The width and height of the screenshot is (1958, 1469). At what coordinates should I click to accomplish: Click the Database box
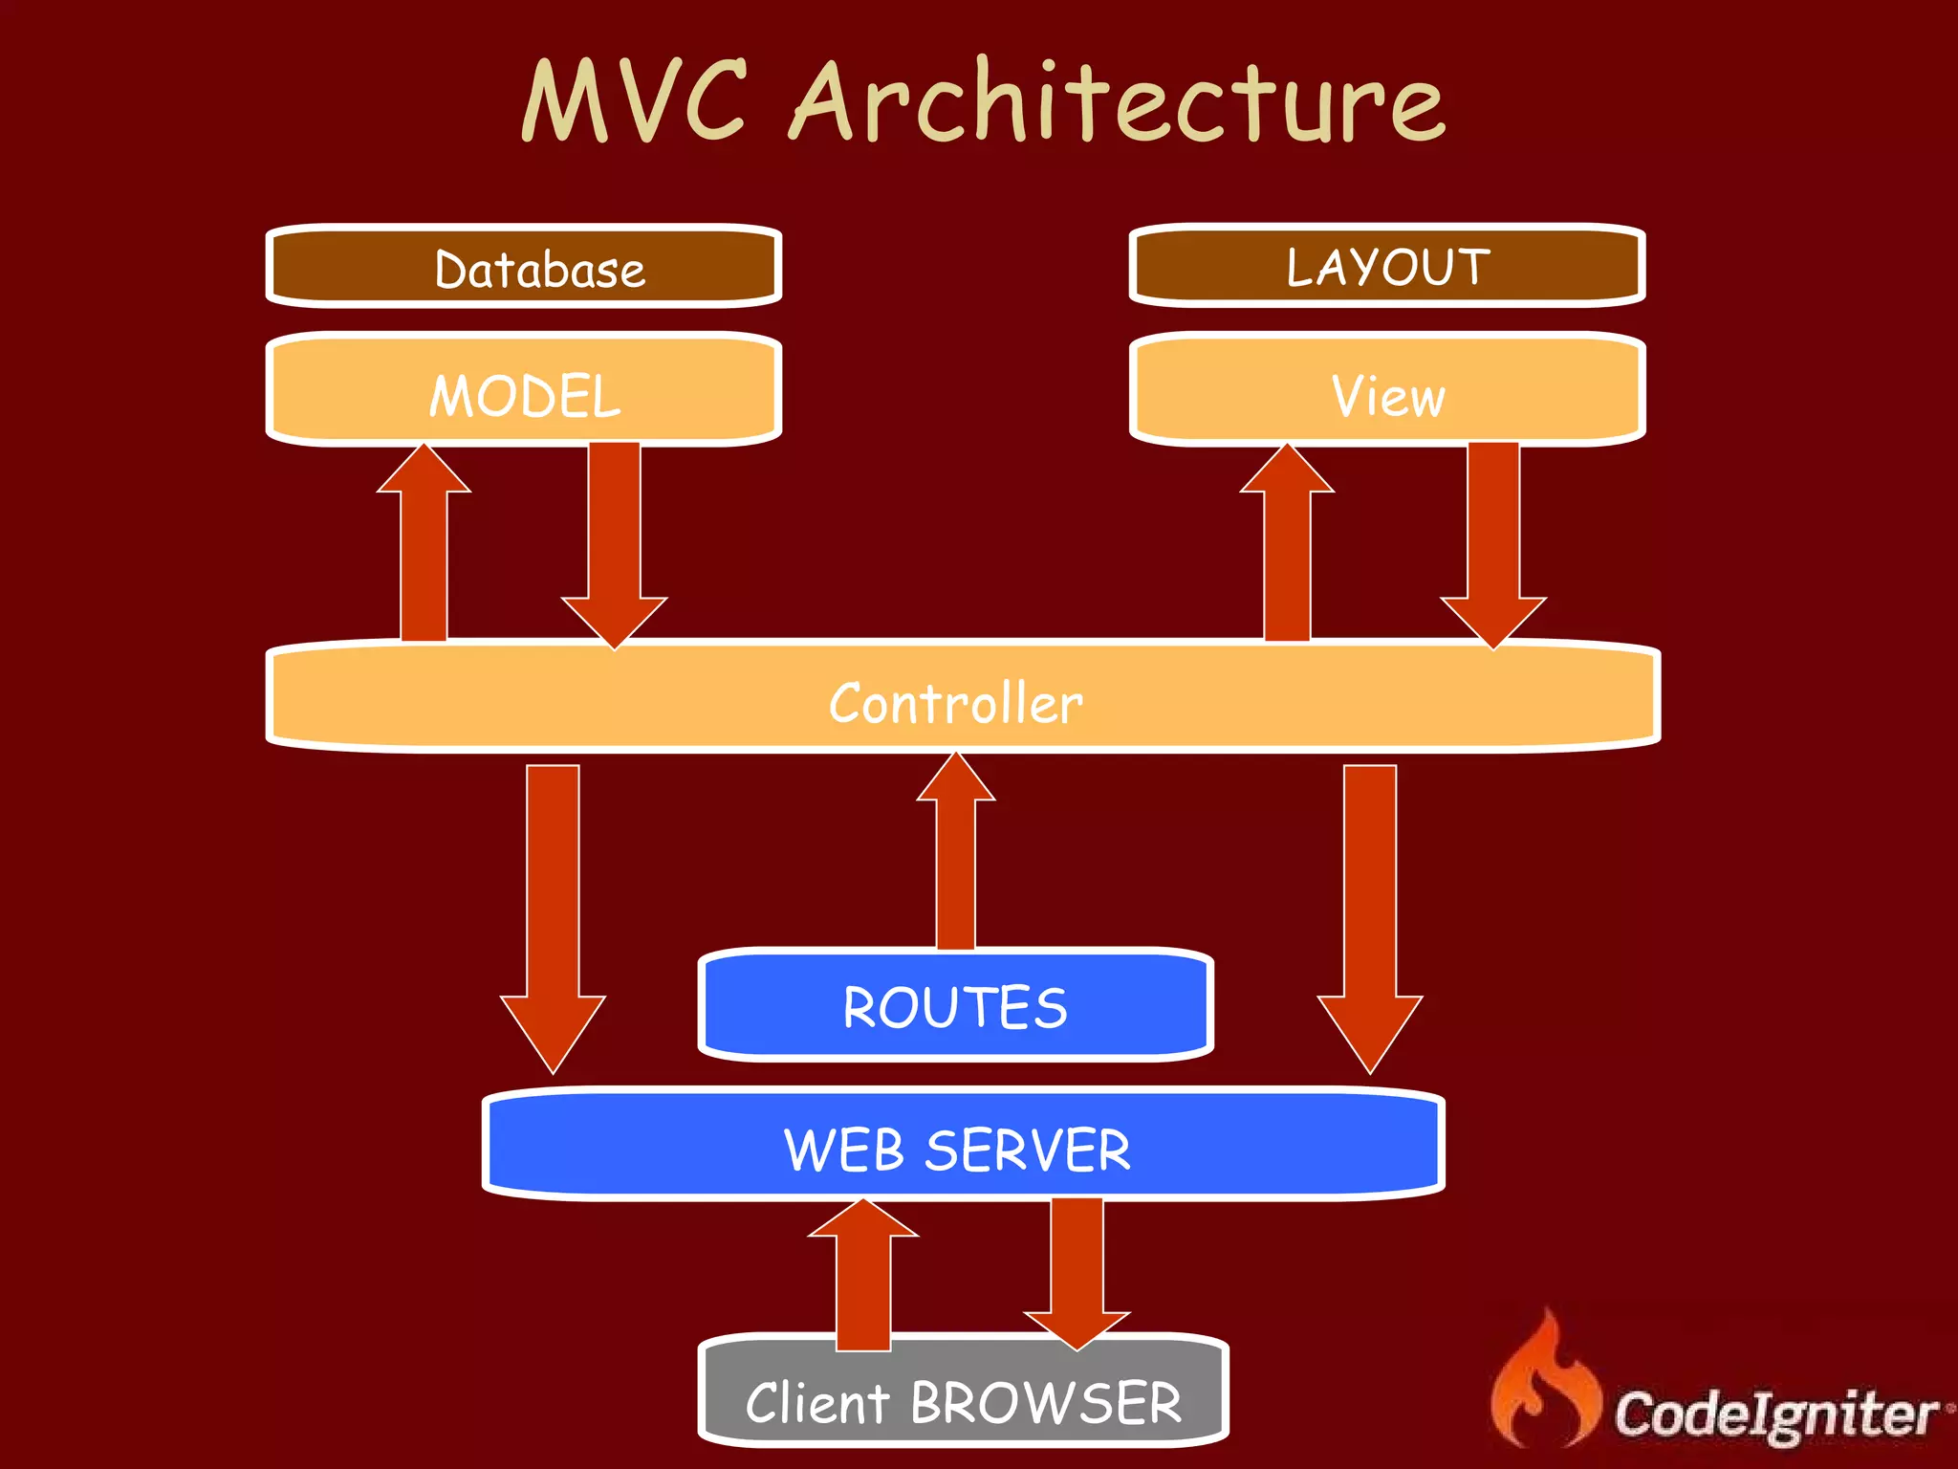(x=524, y=267)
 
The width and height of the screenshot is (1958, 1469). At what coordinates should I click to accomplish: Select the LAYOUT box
(x=1387, y=266)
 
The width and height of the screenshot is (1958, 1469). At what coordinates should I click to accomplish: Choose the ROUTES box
(x=956, y=1005)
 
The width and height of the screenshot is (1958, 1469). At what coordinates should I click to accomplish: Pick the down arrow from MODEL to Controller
(x=614, y=545)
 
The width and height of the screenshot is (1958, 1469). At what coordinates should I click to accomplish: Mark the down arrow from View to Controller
(x=1492, y=545)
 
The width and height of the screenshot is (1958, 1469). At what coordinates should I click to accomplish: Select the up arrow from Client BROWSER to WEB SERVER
(x=863, y=1277)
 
